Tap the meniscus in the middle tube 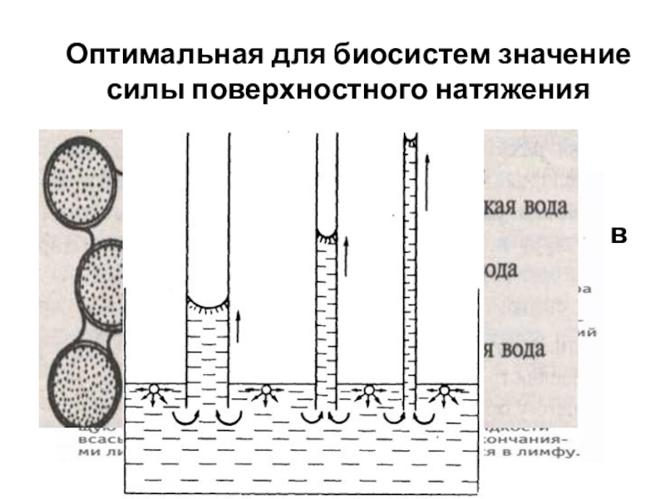point(328,232)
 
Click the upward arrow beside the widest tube point(238,325)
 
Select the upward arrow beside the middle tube point(346,255)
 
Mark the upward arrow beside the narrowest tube point(426,180)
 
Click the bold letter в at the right point(618,235)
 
